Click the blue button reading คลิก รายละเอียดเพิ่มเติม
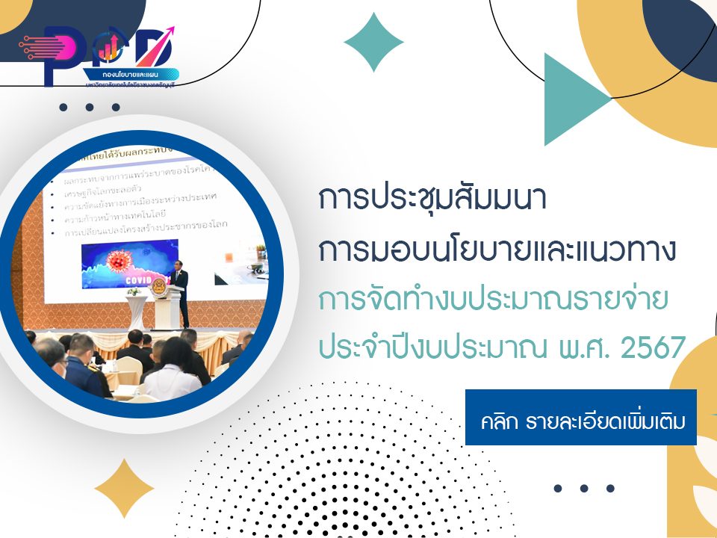[x=580, y=417]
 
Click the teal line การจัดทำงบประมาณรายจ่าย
[x=493, y=298]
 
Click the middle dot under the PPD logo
[x=90, y=107]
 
